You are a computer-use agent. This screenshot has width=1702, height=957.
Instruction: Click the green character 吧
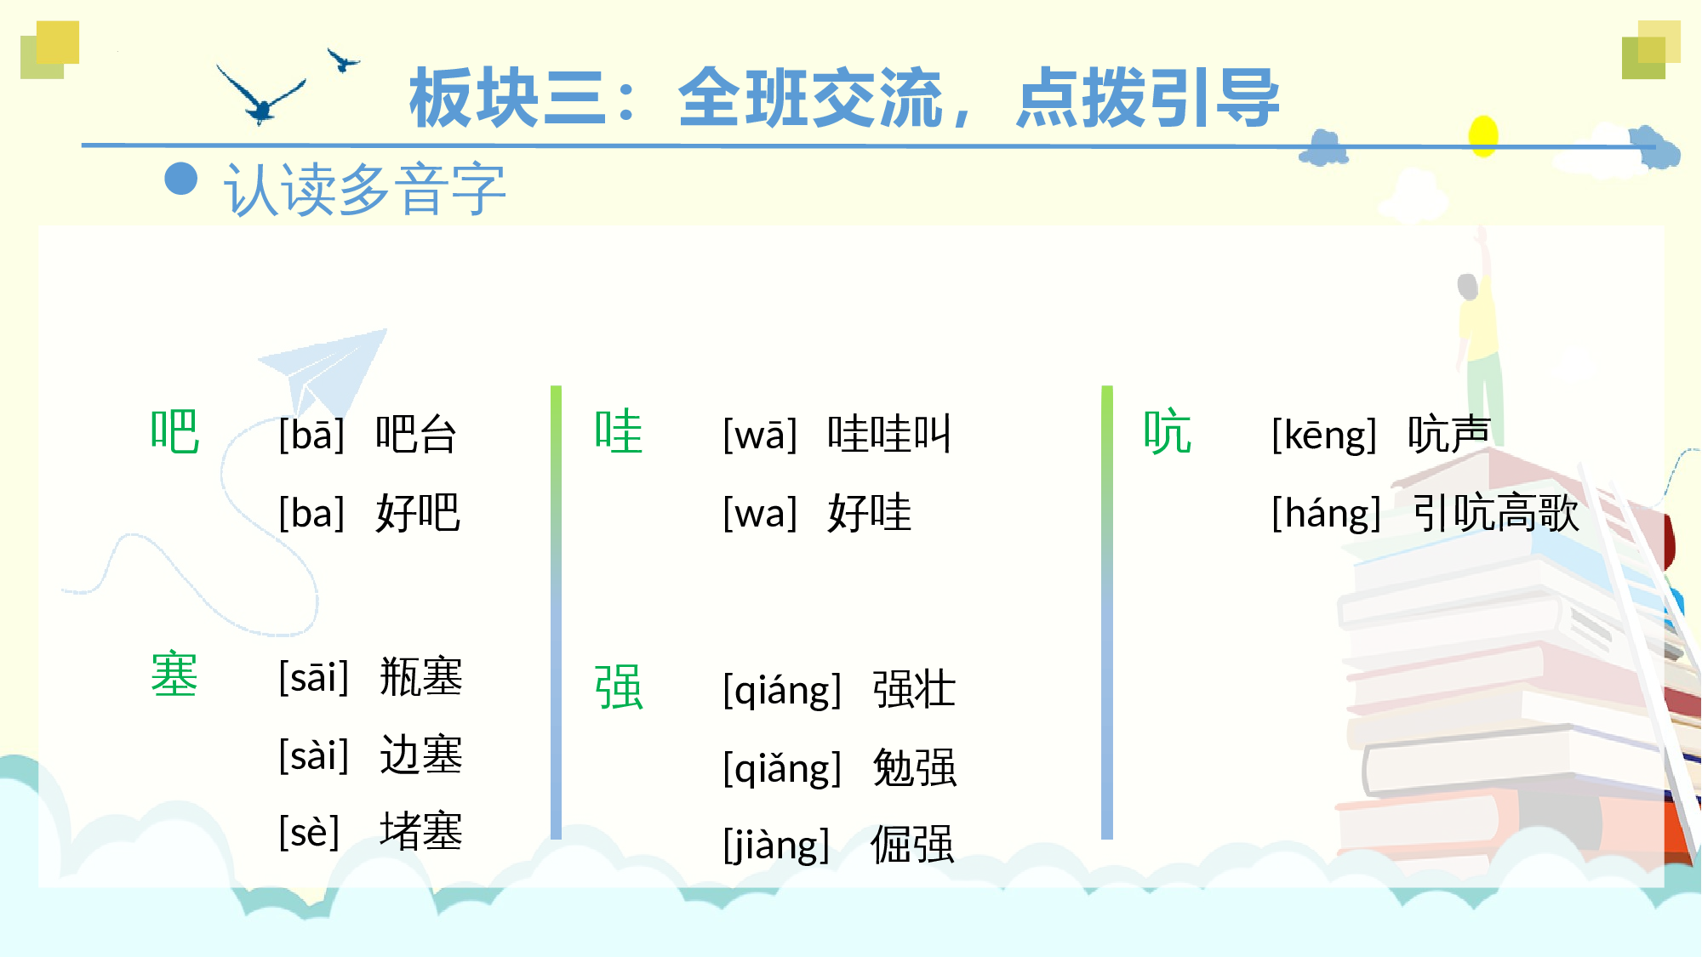(x=174, y=432)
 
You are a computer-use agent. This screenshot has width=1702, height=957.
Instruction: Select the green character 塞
(x=174, y=675)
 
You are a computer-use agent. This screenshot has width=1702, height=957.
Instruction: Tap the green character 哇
(x=619, y=432)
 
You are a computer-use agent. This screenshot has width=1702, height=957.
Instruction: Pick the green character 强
(x=619, y=687)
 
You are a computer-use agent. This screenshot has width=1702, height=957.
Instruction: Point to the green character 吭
(x=1168, y=432)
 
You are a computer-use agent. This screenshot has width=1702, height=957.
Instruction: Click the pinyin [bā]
(x=311, y=436)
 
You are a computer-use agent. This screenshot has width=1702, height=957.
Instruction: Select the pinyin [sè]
(x=309, y=832)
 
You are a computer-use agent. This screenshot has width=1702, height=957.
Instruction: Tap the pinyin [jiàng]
(x=775, y=846)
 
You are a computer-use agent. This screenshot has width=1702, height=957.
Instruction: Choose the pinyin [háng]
(x=1325, y=514)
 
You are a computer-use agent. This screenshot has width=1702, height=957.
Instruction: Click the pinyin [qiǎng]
(x=781, y=768)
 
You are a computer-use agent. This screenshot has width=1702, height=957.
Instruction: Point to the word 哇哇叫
(x=888, y=435)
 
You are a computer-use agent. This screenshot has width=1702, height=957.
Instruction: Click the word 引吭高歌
(x=1495, y=513)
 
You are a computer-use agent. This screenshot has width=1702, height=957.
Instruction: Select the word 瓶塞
(x=420, y=677)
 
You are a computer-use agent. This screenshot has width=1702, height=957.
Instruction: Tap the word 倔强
(x=912, y=846)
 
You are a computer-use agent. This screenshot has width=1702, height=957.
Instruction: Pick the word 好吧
(x=418, y=513)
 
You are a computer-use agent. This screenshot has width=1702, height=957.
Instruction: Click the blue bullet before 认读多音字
(x=181, y=179)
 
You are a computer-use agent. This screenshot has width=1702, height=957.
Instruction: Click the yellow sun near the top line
(x=1483, y=135)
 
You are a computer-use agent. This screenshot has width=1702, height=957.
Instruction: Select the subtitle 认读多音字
(x=364, y=190)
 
